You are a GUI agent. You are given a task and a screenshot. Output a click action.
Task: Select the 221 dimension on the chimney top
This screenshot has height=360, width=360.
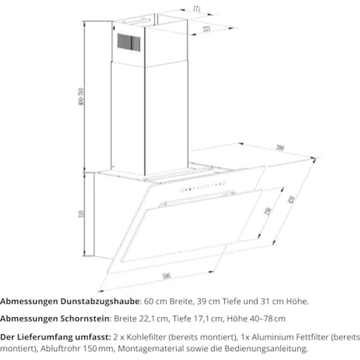tap(206, 29)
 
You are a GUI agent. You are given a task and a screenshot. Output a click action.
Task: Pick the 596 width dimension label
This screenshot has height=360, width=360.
tap(166, 276)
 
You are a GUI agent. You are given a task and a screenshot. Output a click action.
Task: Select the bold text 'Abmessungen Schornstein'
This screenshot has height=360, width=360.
tap(55, 319)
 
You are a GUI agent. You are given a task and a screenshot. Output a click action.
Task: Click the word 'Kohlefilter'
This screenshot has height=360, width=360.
tap(142, 337)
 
